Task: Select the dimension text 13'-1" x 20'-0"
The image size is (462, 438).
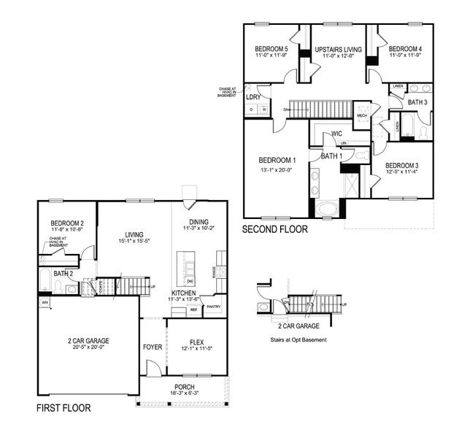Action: pos(277,171)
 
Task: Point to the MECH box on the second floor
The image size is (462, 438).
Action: pos(362,115)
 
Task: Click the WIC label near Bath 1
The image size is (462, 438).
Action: pos(336,134)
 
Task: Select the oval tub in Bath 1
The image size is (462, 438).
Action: pos(328,210)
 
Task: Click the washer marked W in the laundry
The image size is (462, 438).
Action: pos(263,109)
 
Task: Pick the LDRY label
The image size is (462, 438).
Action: pos(253,96)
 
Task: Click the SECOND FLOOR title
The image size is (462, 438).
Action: pos(275,228)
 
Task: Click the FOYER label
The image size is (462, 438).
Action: pos(152,346)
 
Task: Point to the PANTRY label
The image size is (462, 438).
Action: pos(213,307)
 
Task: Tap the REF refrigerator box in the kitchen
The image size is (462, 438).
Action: pos(193,310)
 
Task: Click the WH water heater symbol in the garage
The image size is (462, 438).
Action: pos(45,302)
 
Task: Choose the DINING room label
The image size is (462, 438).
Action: pos(199,222)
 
